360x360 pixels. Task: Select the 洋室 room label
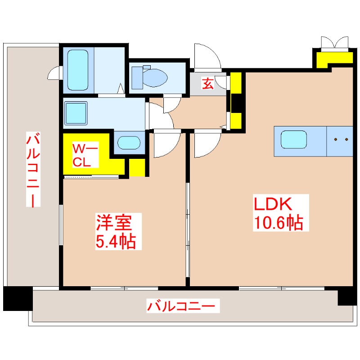click(113, 223)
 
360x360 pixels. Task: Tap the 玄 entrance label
click(207, 84)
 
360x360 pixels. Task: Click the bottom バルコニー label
click(184, 307)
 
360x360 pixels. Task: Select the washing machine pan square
click(76, 112)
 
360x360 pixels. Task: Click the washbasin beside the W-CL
click(129, 143)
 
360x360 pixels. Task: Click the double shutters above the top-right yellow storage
click(335, 42)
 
